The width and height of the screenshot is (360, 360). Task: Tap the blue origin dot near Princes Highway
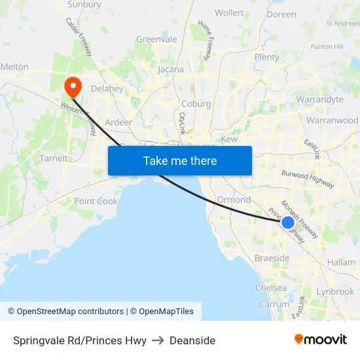click(x=287, y=223)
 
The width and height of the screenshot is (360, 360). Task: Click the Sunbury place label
click(x=84, y=5)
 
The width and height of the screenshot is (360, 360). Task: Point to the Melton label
click(x=14, y=67)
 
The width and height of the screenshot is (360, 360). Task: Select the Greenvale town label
click(x=156, y=39)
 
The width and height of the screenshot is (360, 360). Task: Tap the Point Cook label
click(x=96, y=201)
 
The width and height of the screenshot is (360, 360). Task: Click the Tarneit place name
click(x=54, y=158)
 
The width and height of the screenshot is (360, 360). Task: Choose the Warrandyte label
click(x=319, y=100)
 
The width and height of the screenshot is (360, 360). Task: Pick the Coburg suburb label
click(x=196, y=104)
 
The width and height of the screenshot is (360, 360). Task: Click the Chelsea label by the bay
click(x=270, y=288)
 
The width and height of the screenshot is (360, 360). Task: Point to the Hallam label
click(x=341, y=262)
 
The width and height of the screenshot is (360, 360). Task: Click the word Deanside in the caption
click(x=192, y=340)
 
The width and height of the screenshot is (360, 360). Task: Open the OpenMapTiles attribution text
click(x=162, y=312)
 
